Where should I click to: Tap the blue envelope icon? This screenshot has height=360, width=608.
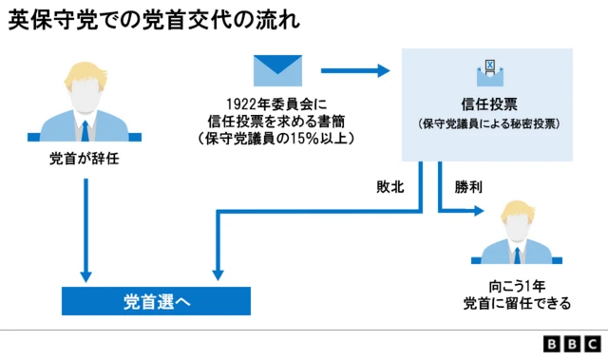coord(276,71)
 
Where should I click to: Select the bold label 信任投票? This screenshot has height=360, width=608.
coord(488,102)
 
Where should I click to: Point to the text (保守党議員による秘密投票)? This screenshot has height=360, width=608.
coord(488,123)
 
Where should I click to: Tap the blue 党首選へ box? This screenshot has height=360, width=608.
coord(156,301)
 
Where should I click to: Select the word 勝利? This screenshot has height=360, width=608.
coord(468,186)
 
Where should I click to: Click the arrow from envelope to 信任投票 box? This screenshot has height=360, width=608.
coord(356,70)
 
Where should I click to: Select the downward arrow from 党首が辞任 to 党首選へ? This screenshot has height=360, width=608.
coord(86,228)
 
